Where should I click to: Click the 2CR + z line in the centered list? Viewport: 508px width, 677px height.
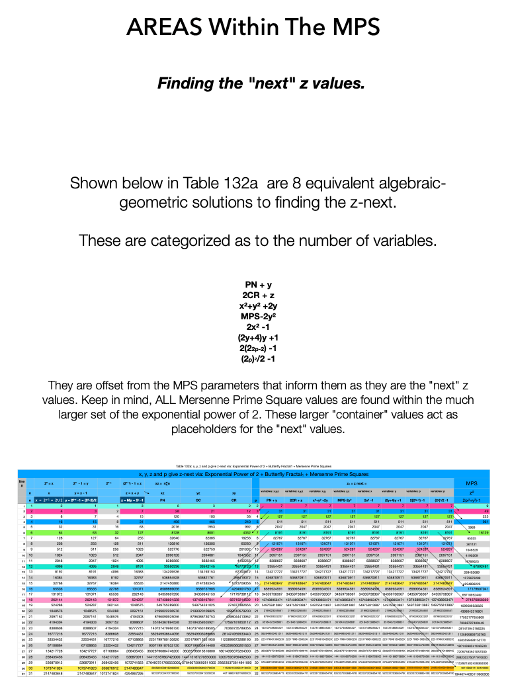point(253,295)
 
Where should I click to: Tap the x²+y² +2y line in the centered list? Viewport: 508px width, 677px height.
point(253,306)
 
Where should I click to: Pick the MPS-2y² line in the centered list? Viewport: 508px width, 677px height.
point(253,317)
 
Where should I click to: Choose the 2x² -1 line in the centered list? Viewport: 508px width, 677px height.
point(253,329)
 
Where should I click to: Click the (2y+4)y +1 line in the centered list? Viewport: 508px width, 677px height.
point(253,340)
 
